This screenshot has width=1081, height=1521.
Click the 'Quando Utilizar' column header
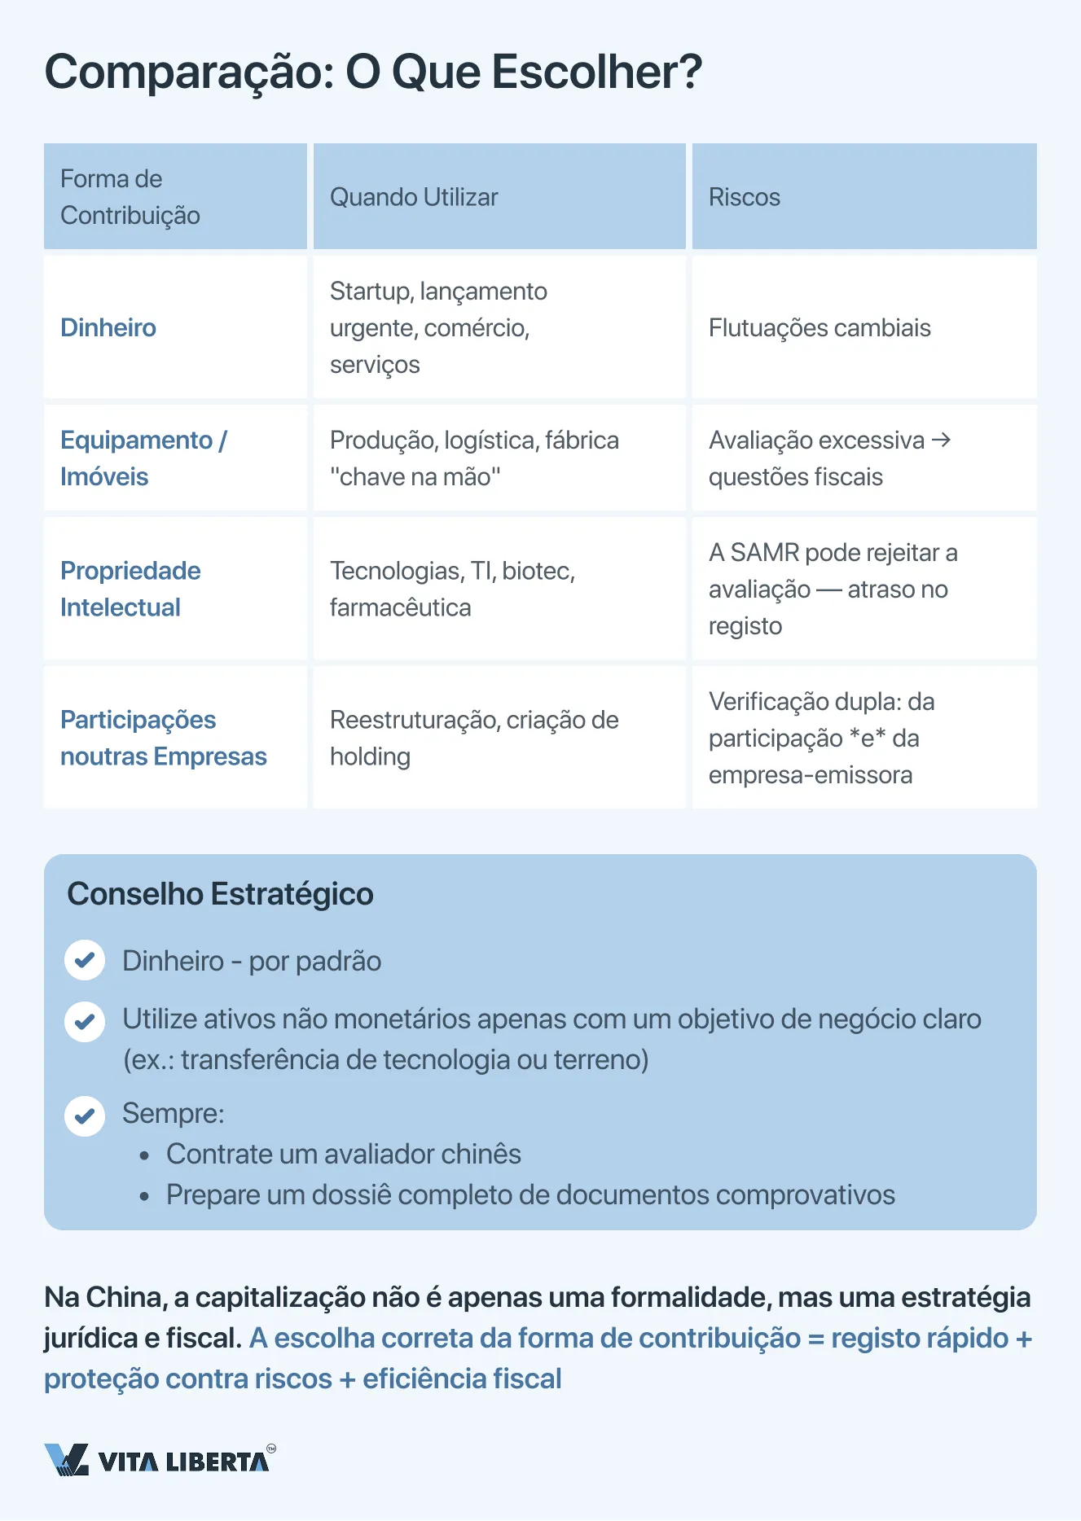(414, 197)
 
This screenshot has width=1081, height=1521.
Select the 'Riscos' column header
(744, 197)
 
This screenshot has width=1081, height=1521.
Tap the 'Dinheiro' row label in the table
(108, 327)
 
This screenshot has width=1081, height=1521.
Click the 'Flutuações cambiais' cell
(819, 327)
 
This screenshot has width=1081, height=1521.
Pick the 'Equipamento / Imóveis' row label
(143, 458)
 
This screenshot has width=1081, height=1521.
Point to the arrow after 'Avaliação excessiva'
(941, 440)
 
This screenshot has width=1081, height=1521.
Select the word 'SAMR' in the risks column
(764, 552)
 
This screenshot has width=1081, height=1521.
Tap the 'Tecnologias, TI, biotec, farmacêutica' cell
(452, 589)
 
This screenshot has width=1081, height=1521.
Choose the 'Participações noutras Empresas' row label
(163, 738)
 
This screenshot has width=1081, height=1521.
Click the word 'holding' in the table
(370, 756)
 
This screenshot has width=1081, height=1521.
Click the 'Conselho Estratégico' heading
(220, 893)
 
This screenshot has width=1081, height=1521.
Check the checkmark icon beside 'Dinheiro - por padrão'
(85, 961)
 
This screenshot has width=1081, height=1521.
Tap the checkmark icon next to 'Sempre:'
(85, 1116)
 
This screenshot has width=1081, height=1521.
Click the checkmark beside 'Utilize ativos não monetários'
(85, 1022)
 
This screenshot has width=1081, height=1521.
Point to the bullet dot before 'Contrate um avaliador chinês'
(144, 1155)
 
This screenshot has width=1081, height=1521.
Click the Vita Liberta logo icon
(66, 1459)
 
